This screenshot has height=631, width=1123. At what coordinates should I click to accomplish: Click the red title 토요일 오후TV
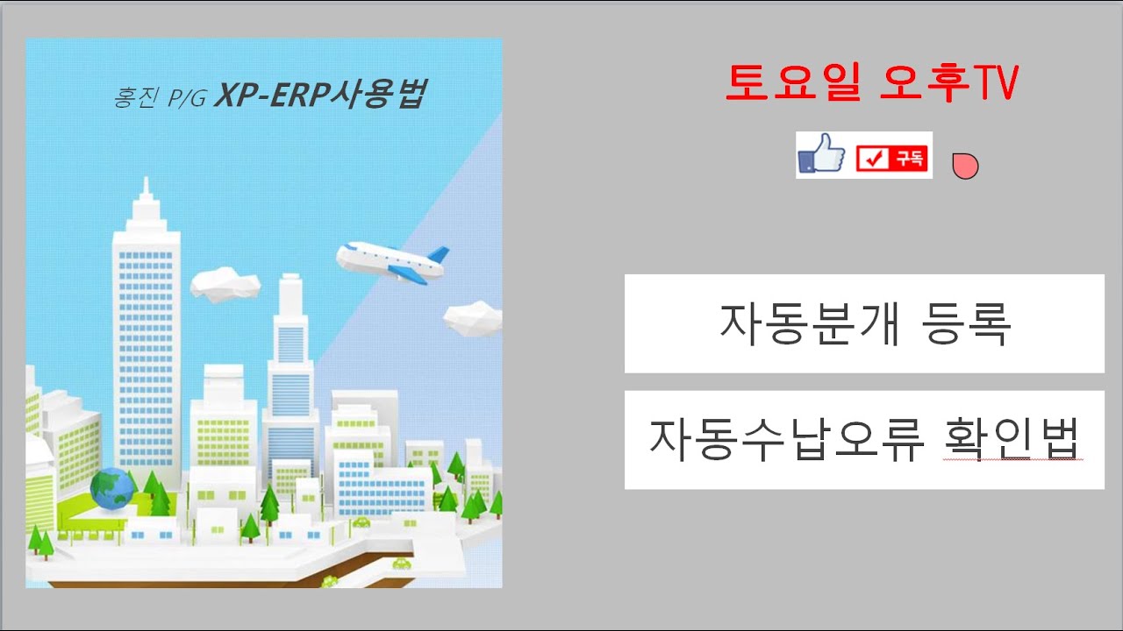tap(871, 83)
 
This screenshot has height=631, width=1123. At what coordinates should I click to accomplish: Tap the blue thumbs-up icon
tap(821, 156)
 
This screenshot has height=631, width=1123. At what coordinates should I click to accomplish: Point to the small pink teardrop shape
tap(965, 165)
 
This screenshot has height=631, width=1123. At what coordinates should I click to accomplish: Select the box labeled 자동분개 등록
tap(864, 323)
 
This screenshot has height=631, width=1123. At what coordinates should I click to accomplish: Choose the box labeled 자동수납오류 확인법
tap(864, 440)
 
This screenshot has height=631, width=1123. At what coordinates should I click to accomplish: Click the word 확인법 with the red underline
tap(1011, 438)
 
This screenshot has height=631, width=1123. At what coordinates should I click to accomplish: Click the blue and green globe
tap(111, 489)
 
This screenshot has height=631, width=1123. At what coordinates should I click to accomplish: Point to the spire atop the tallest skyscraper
tap(147, 190)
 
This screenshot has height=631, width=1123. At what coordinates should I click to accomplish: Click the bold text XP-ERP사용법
tap(320, 95)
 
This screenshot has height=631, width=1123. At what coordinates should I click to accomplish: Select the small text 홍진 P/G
tap(159, 97)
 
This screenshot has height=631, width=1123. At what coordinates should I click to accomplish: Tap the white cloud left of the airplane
tap(225, 284)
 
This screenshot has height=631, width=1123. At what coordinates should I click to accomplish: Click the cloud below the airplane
tap(473, 318)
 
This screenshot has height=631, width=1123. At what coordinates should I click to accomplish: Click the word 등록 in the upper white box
tap(968, 323)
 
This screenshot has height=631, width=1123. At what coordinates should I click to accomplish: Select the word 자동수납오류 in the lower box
tap(787, 438)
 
